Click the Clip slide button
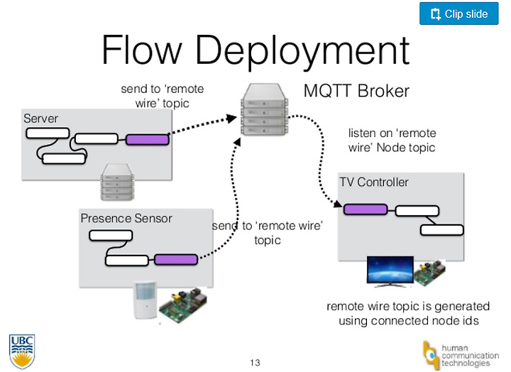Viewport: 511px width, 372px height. pos(459,13)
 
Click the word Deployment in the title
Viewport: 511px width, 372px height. pos(302,51)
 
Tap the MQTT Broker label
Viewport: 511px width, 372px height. pos(356,91)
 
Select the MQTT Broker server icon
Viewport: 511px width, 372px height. pos(264,109)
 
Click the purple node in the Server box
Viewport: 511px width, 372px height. pos(148,140)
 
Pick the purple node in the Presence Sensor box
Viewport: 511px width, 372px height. pos(176,260)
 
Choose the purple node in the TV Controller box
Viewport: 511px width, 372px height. pos(366,209)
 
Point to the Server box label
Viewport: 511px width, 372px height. pos(40,119)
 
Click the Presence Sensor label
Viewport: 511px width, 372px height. pos(126,218)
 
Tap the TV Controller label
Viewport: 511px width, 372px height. pos(374,182)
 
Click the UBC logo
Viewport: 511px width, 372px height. pos(22,351)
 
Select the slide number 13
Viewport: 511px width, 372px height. pos(255,363)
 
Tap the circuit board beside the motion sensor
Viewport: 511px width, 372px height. pos(183,304)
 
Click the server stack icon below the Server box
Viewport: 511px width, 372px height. pos(118,182)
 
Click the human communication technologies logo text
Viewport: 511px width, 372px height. pos(470,356)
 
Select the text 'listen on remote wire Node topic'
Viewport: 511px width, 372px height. pos(392,140)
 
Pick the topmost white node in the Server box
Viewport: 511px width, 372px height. pos(48,133)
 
